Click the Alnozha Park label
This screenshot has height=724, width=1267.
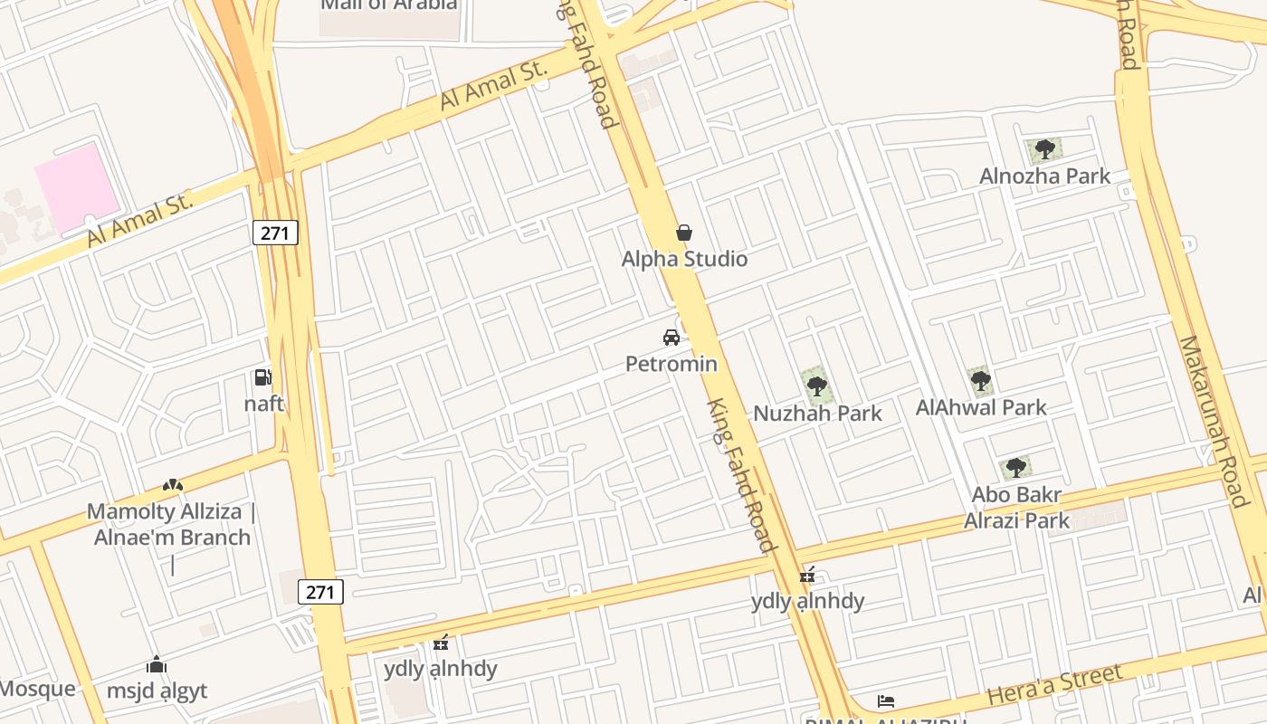click(x=1044, y=176)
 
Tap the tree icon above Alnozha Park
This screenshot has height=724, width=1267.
click(x=1044, y=148)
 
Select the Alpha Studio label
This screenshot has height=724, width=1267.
click(x=684, y=259)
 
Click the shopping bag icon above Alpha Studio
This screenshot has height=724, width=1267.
click(x=684, y=233)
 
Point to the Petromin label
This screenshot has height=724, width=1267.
click(x=672, y=364)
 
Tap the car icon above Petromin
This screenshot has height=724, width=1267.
click(x=672, y=338)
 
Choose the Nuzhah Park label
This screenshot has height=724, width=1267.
click(x=817, y=413)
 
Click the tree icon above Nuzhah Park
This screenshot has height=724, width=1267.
click(x=816, y=386)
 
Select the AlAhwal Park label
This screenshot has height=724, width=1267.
click(x=981, y=407)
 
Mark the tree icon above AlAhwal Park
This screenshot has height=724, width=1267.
click(x=980, y=381)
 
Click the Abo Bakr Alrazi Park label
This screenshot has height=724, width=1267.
click(x=1016, y=508)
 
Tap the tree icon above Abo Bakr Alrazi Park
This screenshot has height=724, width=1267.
click(x=1015, y=467)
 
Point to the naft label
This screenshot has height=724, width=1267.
click(x=263, y=404)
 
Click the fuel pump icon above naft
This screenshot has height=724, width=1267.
click(x=262, y=376)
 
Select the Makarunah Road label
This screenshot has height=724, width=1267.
click(x=1226, y=422)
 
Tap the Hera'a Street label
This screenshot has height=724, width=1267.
click(x=1055, y=684)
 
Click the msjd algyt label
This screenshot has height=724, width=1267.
click(x=157, y=691)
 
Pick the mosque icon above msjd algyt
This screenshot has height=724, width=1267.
click(x=157, y=665)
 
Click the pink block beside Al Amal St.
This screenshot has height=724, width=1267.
click(x=77, y=187)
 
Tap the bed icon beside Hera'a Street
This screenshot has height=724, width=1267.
click(x=886, y=701)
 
